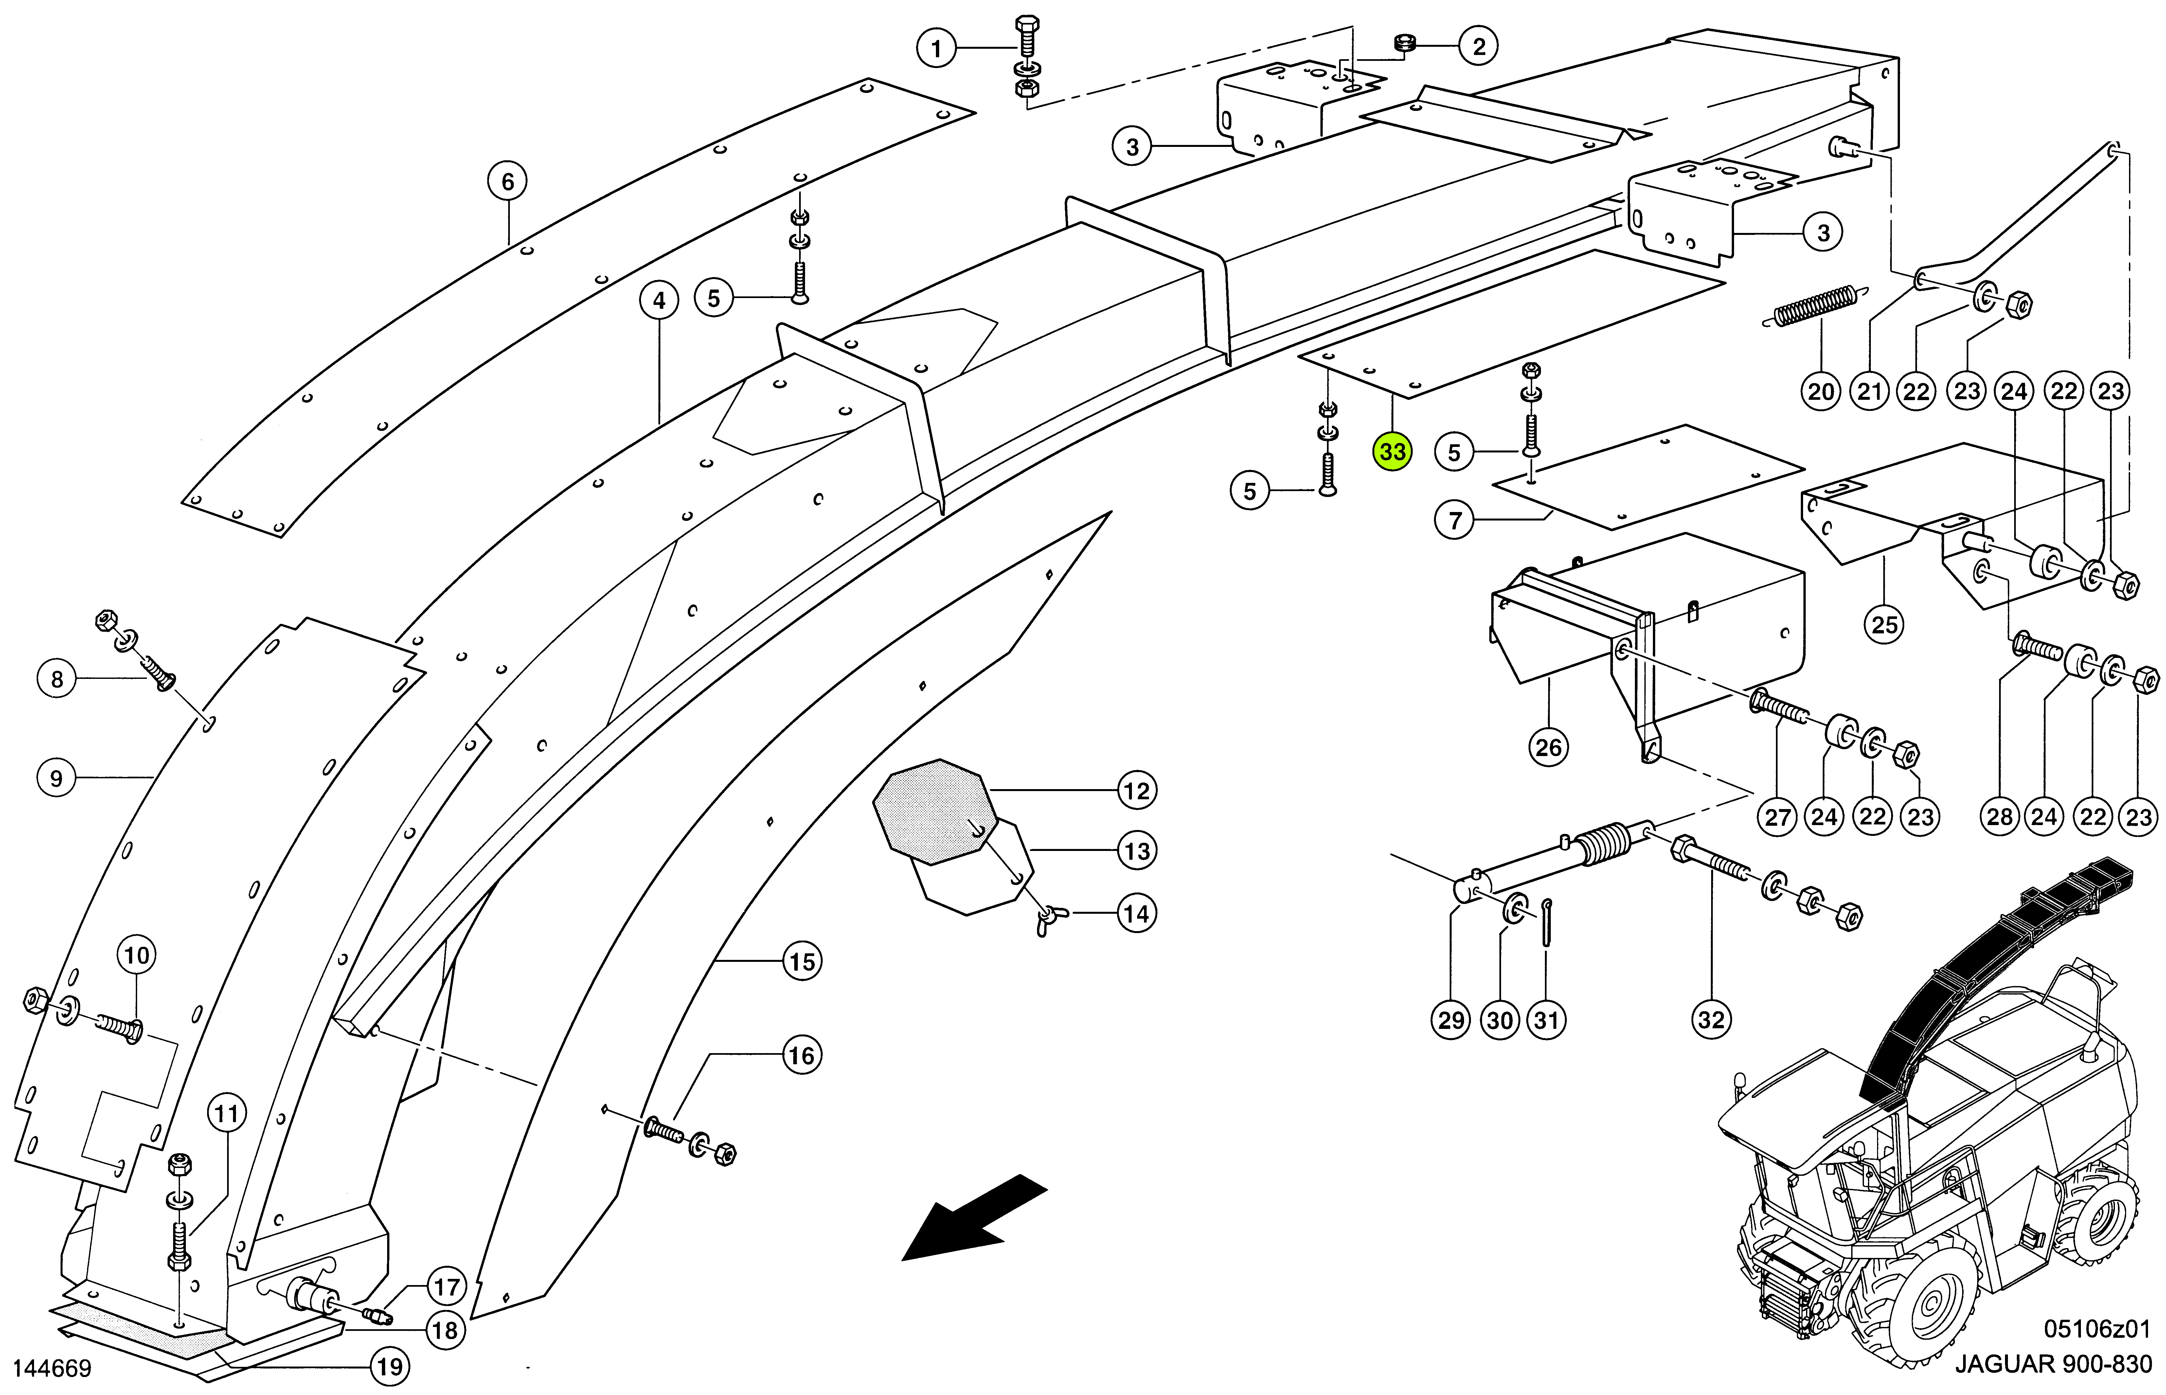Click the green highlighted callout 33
coord(1392,451)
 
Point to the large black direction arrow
coord(974,1218)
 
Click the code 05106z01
coord(2096,1329)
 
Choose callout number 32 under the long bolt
coord(1711,1020)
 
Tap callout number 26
coord(1548,747)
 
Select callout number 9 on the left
coord(56,778)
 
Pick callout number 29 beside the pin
coord(1451,1020)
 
